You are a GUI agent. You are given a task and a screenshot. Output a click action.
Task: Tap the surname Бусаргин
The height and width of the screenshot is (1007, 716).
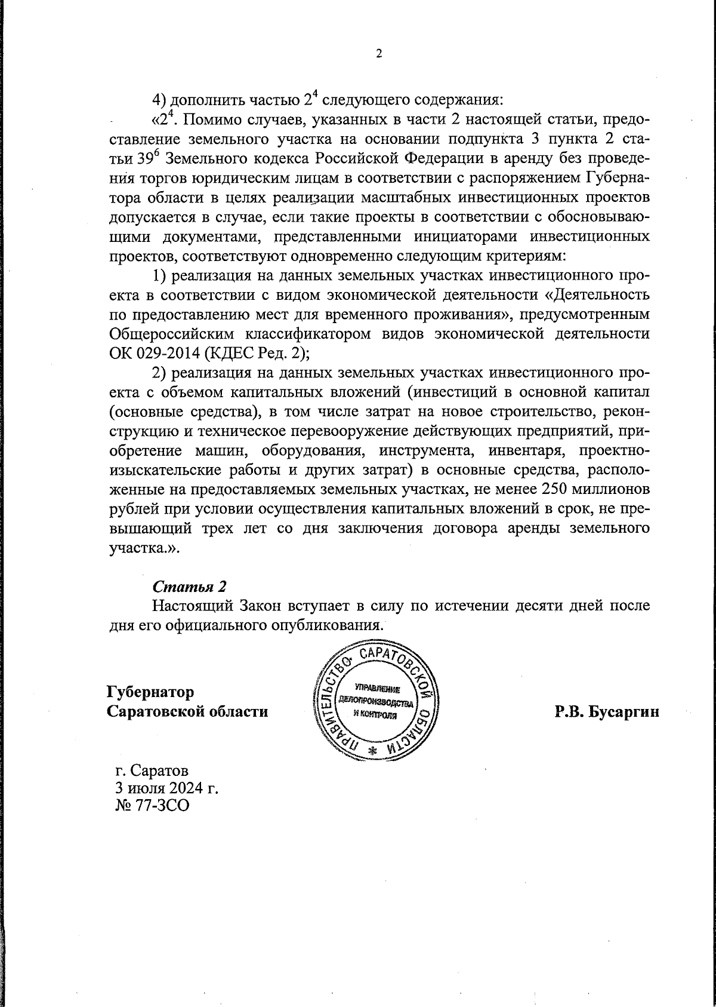[x=623, y=711]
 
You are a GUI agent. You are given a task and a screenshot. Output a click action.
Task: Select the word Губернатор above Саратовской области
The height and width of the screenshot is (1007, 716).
[x=150, y=692]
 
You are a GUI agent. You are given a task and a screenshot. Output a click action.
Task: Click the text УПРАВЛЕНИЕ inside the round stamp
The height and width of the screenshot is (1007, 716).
[x=375, y=687]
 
